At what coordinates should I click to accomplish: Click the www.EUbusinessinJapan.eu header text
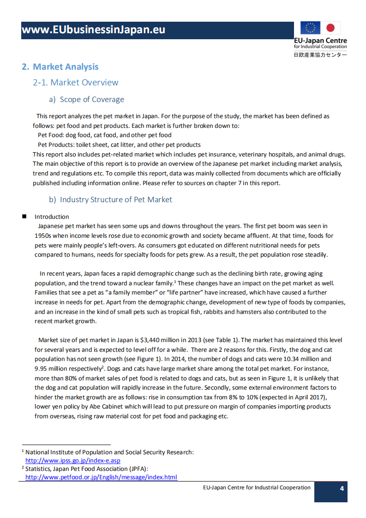point(93,30)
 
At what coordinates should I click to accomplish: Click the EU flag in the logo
point(311,28)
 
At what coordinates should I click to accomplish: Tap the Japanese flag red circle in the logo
point(330,28)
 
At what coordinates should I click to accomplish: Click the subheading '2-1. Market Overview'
point(76,83)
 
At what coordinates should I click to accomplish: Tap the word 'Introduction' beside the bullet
point(52,217)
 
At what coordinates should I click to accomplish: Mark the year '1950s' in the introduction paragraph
point(45,235)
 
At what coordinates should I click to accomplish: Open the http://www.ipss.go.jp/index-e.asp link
point(72,460)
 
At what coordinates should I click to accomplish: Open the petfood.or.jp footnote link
point(101,477)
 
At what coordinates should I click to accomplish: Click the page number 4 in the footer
point(342,489)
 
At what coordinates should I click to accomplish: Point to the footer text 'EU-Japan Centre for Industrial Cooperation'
point(257,488)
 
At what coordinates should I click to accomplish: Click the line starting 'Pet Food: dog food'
point(104,135)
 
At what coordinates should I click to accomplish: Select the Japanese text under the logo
point(320,55)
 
